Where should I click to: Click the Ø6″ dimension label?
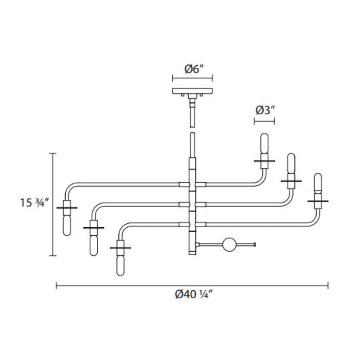coord(194,69)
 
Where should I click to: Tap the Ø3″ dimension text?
coord(265,110)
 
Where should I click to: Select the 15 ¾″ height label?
coord(35,202)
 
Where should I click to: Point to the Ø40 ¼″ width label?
coord(194,294)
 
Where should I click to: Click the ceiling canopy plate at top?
coord(193,91)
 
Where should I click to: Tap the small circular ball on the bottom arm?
coord(229,245)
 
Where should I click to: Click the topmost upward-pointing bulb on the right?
coord(264,143)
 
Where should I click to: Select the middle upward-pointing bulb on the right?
coord(291,163)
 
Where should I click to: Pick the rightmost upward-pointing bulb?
coord(318,184)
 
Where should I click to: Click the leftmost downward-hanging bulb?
coord(67,225)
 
